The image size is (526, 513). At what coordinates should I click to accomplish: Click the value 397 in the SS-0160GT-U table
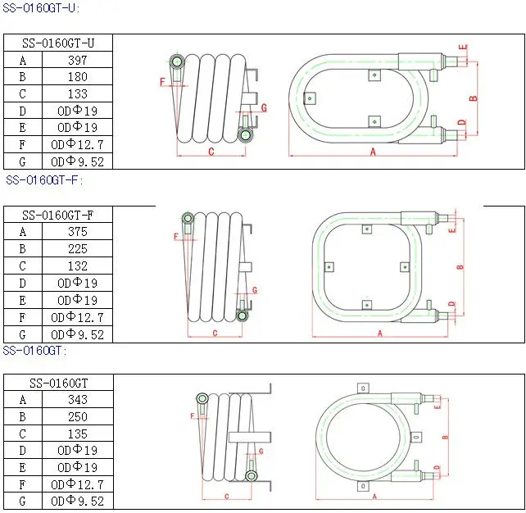pyautogui.click(x=78, y=60)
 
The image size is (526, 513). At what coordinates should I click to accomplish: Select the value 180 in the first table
pyautogui.click(x=78, y=77)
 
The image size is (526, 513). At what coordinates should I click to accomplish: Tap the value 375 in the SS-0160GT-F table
pyautogui.click(x=78, y=231)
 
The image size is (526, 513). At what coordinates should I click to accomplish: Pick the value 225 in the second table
pyautogui.click(x=78, y=249)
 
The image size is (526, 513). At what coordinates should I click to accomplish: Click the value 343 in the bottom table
pyautogui.click(x=78, y=400)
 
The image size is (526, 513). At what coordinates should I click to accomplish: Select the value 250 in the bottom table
pyautogui.click(x=78, y=416)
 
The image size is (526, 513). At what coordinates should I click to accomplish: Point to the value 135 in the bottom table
pyautogui.click(x=78, y=434)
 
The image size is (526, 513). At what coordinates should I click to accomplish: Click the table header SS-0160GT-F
pyautogui.click(x=57, y=215)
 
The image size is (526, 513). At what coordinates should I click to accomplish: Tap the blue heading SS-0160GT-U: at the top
pyautogui.click(x=41, y=8)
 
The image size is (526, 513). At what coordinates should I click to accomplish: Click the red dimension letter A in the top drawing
pyautogui.click(x=373, y=152)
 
